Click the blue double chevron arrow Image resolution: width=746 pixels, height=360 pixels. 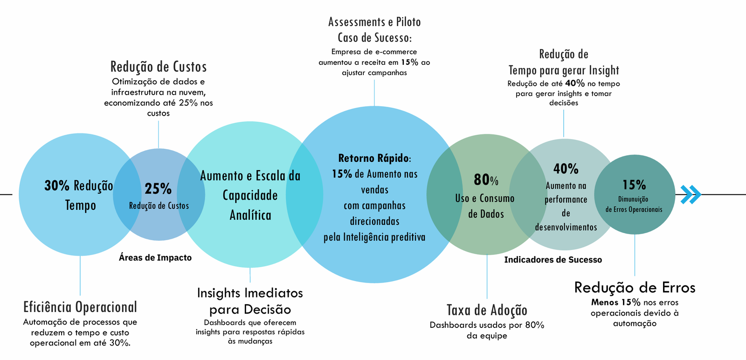691,194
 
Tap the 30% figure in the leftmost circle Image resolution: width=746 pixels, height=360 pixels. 57,186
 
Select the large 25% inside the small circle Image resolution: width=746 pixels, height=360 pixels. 158,189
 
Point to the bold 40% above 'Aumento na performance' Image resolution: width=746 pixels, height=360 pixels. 566,169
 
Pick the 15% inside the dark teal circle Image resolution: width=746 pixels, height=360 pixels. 634,185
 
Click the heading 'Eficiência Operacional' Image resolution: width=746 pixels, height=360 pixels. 80,307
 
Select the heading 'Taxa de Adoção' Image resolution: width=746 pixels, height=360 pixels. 487,310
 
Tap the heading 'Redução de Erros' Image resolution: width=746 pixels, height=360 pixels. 635,287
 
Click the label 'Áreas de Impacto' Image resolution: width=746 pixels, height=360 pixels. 155,257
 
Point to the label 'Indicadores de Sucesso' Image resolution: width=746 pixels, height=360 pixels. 553,259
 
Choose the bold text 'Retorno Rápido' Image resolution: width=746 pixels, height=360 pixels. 373,158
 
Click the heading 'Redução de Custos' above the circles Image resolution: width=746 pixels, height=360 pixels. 159,67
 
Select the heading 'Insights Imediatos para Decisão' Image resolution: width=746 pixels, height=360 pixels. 250,301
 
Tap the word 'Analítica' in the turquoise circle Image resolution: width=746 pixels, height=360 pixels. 250,215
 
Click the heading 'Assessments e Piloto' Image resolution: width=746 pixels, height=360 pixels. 374,22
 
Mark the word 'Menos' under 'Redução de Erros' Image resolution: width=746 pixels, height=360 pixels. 604,302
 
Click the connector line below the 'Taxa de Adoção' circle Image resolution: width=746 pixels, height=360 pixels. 487,277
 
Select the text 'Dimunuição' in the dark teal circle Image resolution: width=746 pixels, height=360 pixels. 633,199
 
